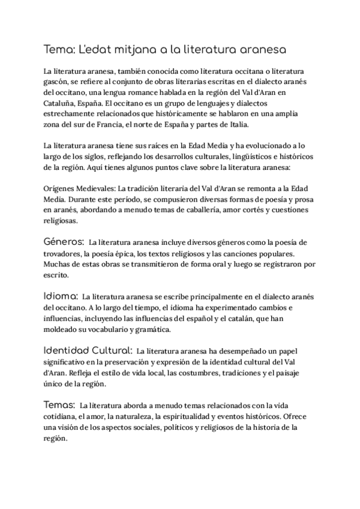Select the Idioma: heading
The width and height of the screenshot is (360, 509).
[61, 296]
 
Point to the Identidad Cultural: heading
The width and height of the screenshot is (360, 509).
[88, 350]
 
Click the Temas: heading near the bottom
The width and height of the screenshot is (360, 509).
[59, 404]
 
